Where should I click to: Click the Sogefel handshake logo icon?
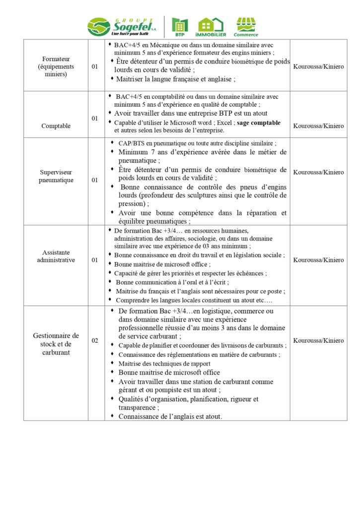click(99, 26)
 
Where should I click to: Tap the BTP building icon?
click(180, 25)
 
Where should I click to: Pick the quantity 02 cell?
click(95, 340)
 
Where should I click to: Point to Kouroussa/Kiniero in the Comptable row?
click(318, 126)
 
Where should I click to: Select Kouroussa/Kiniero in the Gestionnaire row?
click(318, 340)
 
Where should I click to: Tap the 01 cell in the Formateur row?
click(95, 66)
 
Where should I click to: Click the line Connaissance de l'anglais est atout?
click(170, 417)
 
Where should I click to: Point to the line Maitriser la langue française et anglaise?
click(175, 79)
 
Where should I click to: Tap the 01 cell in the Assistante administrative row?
click(95, 260)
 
